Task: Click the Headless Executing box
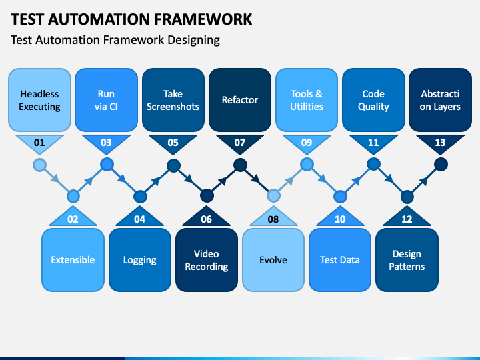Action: [39, 100]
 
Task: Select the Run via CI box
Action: [106, 100]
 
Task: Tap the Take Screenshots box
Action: [173, 100]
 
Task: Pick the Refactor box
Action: [240, 100]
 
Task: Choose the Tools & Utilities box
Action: [307, 100]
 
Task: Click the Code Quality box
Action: [373, 100]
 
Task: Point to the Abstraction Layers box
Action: [440, 100]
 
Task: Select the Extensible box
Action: [73, 260]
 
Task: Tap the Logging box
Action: [140, 260]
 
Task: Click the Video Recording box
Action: [207, 260]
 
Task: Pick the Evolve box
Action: [273, 260]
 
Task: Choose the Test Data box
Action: [340, 260]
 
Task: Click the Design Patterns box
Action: [407, 260]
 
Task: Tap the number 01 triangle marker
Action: [39, 143]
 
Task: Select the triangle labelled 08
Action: [273, 217]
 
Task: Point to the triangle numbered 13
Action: [440, 143]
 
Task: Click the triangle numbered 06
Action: [207, 217]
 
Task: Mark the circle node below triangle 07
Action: [240, 165]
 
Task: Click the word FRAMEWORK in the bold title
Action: [203, 19]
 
